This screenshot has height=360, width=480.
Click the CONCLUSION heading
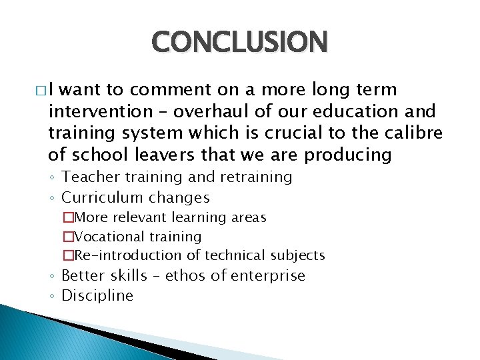[239, 41]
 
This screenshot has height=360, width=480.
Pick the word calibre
[414, 133]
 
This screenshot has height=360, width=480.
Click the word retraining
[257, 177]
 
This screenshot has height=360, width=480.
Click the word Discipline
[97, 296]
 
